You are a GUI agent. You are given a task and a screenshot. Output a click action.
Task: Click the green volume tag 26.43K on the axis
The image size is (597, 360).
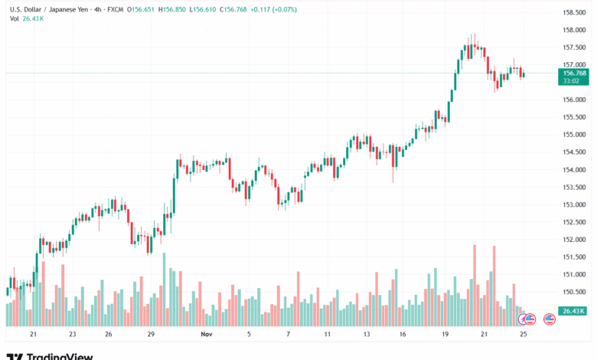click(573, 310)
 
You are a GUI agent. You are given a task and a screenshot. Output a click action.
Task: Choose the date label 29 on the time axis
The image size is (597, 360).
click(152, 335)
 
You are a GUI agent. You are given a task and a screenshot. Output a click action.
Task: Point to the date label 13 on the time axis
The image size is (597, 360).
click(367, 335)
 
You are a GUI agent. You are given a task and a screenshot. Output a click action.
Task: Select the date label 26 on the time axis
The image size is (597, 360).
click(109, 335)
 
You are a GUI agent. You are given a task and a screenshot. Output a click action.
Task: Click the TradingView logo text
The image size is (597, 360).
click(60, 356)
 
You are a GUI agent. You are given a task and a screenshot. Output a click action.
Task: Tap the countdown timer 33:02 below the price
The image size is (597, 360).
click(570, 80)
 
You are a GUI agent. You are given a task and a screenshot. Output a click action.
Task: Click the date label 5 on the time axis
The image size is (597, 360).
click(249, 335)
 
